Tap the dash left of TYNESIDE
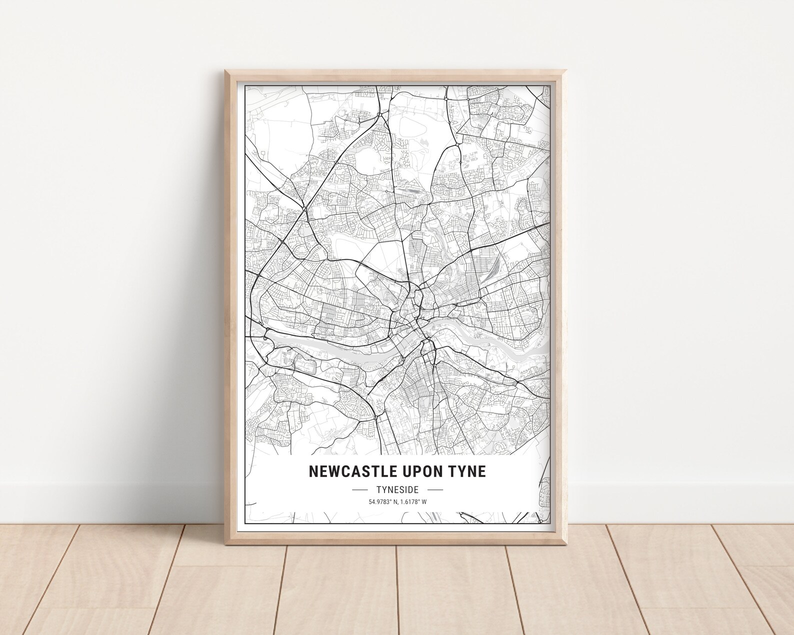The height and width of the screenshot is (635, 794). click(x=360, y=490)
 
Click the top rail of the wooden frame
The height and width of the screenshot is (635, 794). click(x=397, y=75)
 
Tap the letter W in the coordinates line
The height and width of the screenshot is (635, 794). click(x=424, y=502)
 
